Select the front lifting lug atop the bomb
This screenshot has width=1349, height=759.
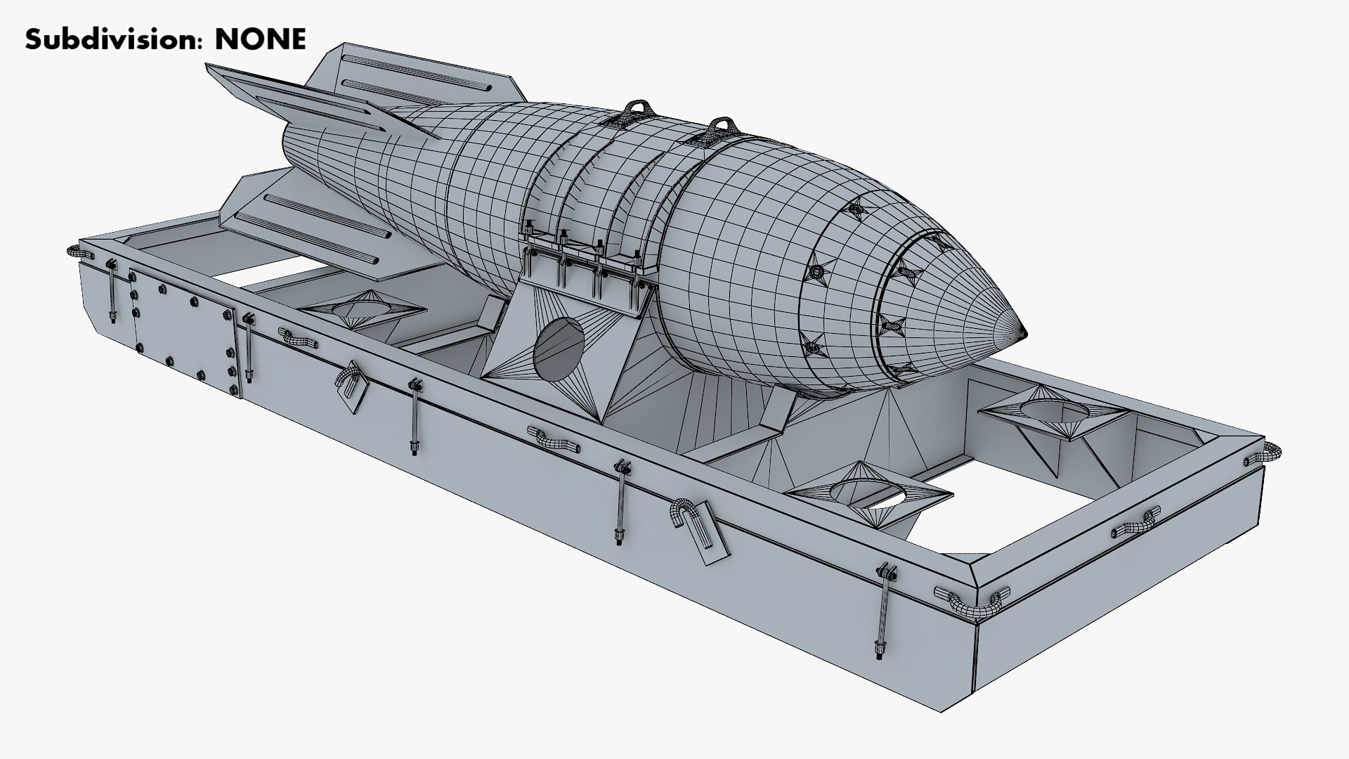(719, 130)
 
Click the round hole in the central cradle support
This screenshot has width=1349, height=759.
(562, 349)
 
